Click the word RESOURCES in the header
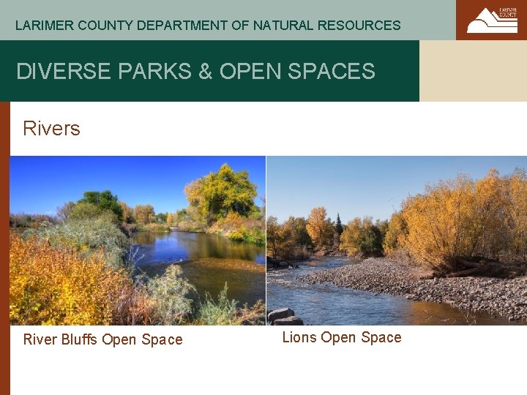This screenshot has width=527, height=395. [x=359, y=26]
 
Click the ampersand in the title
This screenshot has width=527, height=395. [x=206, y=72]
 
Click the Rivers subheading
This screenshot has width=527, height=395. [x=51, y=129]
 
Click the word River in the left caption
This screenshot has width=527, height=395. [x=40, y=339]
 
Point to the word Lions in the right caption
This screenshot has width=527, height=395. [x=299, y=337]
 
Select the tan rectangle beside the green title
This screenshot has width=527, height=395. [x=473, y=70]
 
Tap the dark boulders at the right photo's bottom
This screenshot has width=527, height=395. [x=285, y=316]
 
